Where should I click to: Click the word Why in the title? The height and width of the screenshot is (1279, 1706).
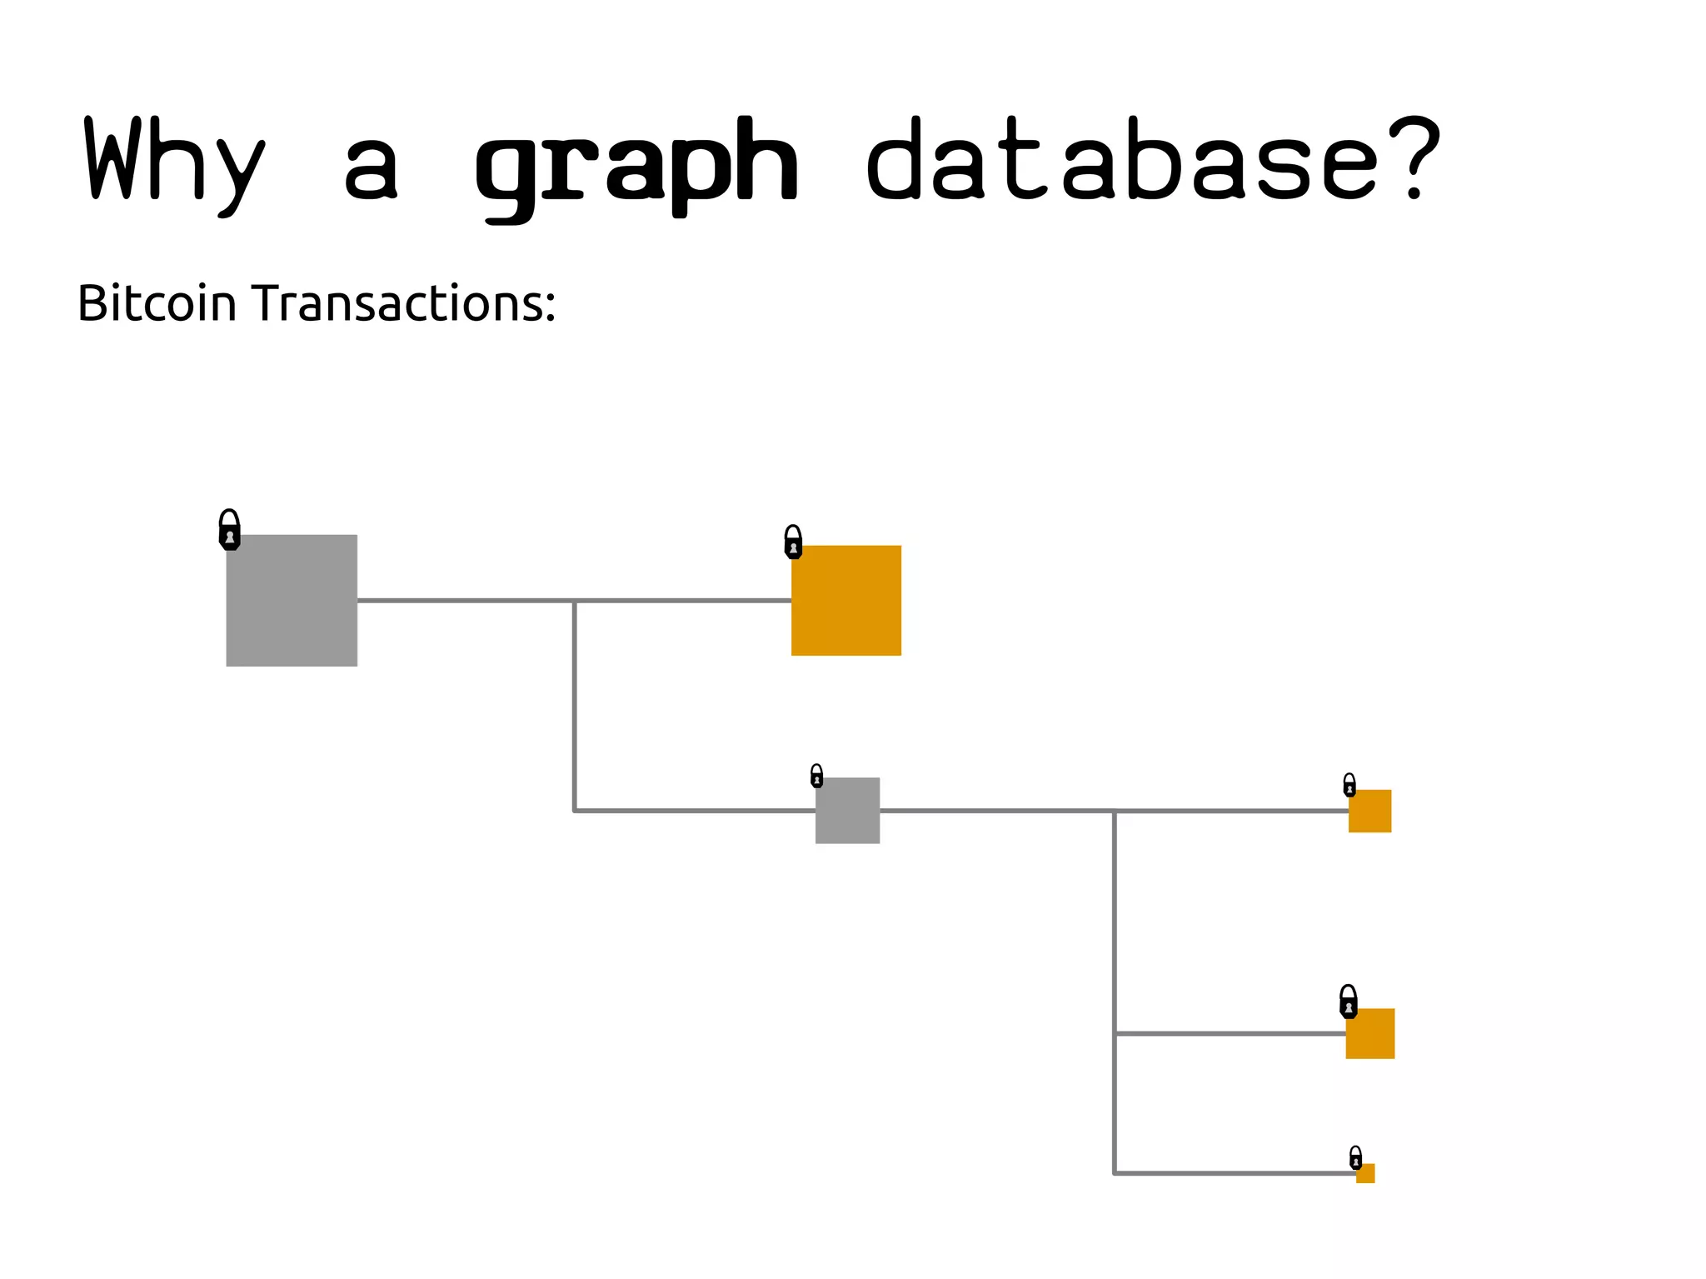[x=175, y=162]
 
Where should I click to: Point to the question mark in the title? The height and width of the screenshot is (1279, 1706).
[x=1414, y=158]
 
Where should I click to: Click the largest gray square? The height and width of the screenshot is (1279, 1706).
[x=292, y=600]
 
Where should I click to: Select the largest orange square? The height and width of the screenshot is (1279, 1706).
[x=846, y=600]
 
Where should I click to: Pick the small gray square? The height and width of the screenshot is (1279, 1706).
[x=847, y=810]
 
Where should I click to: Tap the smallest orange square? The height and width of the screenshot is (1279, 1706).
[x=1365, y=1173]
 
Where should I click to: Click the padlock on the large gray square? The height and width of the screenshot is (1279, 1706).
[x=229, y=530]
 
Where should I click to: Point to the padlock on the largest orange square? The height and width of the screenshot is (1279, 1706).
[x=793, y=542]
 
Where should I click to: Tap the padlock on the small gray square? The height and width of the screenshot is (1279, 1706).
[x=816, y=776]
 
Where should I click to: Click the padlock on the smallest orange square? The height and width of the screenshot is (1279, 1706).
[x=1355, y=1157]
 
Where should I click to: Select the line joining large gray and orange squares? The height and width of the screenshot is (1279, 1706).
[x=466, y=600]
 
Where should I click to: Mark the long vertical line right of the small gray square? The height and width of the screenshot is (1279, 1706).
[x=1115, y=992]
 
